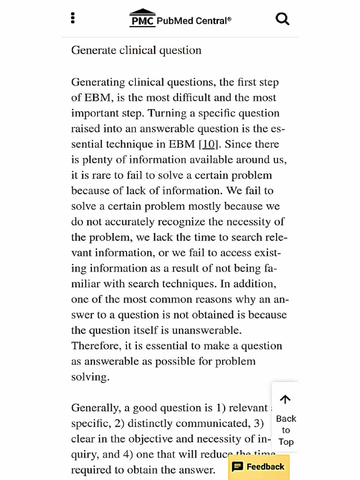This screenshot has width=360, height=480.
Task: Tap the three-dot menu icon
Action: point(73,18)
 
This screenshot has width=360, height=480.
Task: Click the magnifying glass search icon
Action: point(282,19)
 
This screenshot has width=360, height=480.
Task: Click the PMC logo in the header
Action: point(142,19)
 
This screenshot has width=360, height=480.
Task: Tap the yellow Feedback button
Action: point(259,466)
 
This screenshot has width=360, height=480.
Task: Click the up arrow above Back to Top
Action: point(285,399)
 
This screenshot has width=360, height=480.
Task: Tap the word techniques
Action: point(187,284)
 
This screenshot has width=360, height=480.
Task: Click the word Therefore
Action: point(95,345)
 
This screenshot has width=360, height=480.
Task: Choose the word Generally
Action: point(96,408)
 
